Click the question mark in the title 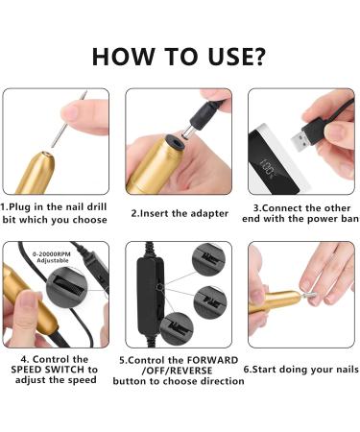(257, 57)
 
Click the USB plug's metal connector (300, 140)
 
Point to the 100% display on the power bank (266, 168)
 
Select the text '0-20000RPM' (51, 254)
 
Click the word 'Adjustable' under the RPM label (53, 260)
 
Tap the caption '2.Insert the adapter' (180, 213)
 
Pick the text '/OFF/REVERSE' (177, 371)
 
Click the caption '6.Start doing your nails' (300, 370)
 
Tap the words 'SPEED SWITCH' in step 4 (48, 370)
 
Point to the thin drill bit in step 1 (69, 119)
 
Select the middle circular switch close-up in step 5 (210, 302)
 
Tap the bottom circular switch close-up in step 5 (177, 329)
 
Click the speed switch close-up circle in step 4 (67, 285)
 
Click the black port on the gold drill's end (175, 143)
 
